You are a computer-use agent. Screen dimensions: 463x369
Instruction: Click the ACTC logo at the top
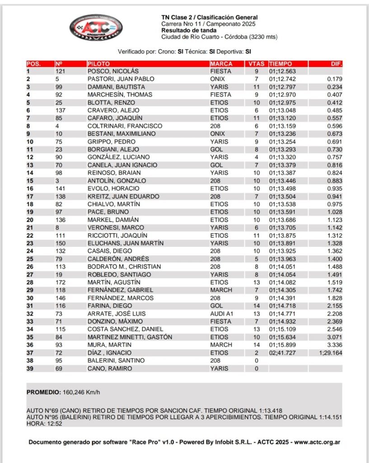tap(96, 27)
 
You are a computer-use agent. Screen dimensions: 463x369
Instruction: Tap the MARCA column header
tap(221, 64)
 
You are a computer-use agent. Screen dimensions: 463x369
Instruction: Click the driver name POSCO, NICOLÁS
tap(112, 71)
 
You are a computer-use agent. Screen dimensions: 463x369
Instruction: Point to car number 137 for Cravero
tap(61, 110)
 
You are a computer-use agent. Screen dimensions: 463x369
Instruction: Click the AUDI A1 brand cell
tap(222, 313)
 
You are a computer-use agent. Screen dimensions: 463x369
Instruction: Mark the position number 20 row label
tap(30, 220)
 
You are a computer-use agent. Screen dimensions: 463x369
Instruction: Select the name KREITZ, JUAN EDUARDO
tap(117, 196)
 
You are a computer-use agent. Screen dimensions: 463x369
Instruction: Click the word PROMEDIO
tap(43, 392)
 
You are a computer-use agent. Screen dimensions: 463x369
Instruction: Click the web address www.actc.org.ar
tap(316, 442)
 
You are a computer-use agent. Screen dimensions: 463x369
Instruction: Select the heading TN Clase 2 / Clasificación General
tap(210, 17)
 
